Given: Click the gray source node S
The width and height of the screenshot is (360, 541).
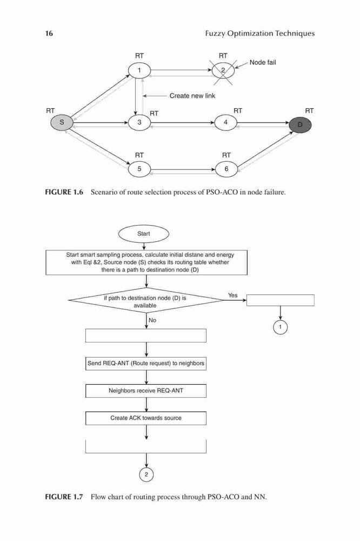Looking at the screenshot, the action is pyautogui.click(x=62, y=122).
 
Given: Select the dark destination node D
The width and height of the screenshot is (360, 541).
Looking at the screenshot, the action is pyautogui.click(x=300, y=124).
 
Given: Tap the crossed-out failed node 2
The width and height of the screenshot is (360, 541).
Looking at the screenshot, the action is pyautogui.click(x=223, y=71).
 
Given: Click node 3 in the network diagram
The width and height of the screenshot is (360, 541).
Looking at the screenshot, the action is pyautogui.click(x=139, y=122).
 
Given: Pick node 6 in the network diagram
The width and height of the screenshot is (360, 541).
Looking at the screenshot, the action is pyautogui.click(x=226, y=169).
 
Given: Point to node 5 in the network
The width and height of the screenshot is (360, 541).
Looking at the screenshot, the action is pyautogui.click(x=139, y=169).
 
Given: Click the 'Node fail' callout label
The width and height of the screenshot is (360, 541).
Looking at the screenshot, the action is pyautogui.click(x=263, y=62).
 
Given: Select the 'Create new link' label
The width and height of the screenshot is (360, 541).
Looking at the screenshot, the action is pyautogui.click(x=192, y=96).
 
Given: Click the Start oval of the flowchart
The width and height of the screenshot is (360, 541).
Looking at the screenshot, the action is pyautogui.click(x=143, y=234).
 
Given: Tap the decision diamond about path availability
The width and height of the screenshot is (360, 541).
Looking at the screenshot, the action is pyautogui.click(x=146, y=300).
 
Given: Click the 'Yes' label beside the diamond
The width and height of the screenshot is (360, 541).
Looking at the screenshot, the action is pyautogui.click(x=233, y=295).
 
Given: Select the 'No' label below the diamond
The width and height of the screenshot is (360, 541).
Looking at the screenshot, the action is pyautogui.click(x=152, y=320).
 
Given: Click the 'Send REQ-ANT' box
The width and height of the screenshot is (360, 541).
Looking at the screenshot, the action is pyautogui.click(x=146, y=364).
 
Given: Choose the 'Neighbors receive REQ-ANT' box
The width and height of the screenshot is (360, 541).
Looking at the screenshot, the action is pyautogui.click(x=146, y=391).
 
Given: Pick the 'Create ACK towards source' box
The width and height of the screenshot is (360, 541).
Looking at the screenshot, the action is pyautogui.click(x=146, y=418).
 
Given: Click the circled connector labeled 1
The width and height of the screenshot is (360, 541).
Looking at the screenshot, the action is pyautogui.click(x=281, y=327).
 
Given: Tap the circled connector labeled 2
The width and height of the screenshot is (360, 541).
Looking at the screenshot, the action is pyautogui.click(x=146, y=474).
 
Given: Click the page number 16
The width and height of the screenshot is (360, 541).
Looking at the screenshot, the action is pyautogui.click(x=49, y=34).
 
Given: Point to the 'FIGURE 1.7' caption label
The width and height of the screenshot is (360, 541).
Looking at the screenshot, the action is pyautogui.click(x=64, y=497).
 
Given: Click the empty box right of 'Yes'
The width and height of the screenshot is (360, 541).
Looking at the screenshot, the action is pyautogui.click(x=281, y=300).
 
